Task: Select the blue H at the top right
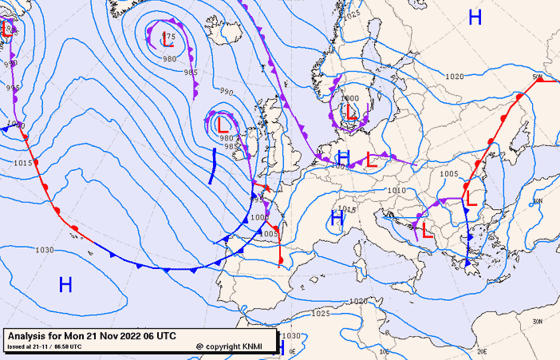(475, 18)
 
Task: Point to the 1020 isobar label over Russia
(455, 77)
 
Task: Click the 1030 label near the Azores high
(45, 250)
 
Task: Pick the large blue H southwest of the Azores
(65, 283)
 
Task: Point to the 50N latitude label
(538, 77)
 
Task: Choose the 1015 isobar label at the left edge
(22, 163)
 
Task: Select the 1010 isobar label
(396, 191)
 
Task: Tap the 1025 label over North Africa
(320, 314)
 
